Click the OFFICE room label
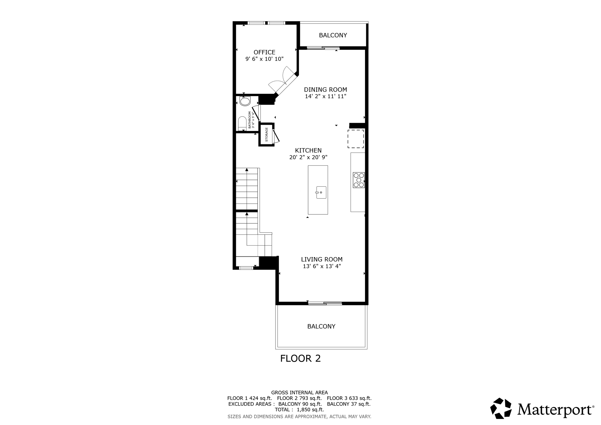(264, 52)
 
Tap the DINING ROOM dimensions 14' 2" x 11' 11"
(325, 96)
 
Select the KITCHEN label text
(308, 150)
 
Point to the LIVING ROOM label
(322, 259)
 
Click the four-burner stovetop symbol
(359, 180)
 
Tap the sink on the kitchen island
(321, 192)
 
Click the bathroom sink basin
(245, 102)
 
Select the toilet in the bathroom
(242, 123)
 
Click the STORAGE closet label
(266, 134)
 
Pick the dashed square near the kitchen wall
(356, 139)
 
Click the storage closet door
(276, 136)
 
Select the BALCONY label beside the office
(333, 35)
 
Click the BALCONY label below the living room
(321, 326)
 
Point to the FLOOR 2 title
(300, 358)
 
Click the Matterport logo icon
(501, 408)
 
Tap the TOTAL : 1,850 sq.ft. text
(299, 409)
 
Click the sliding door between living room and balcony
(325, 303)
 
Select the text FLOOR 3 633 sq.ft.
(349, 398)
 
